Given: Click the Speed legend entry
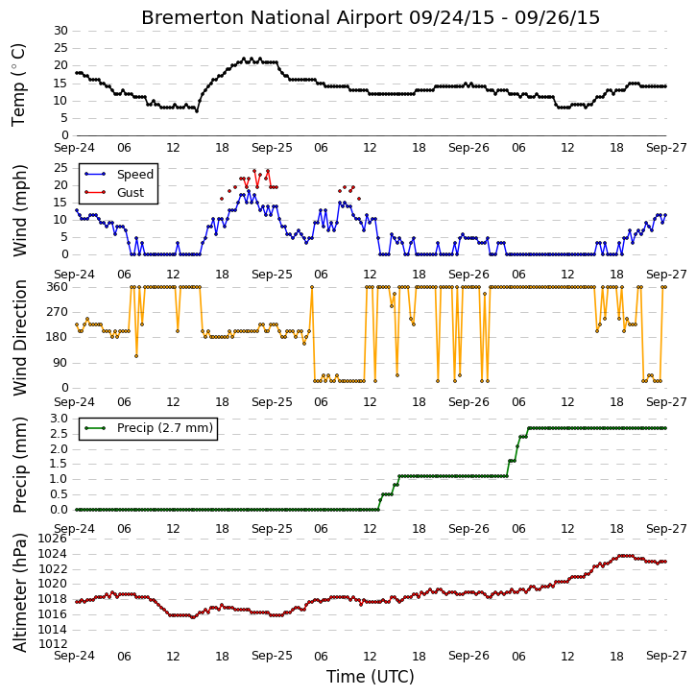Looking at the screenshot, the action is click(119, 175).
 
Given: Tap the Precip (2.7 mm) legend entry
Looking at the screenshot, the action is click(148, 428).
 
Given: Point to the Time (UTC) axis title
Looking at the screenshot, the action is click(371, 677).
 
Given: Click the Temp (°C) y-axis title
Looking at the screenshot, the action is click(18, 84).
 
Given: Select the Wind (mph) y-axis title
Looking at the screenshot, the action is click(20, 211).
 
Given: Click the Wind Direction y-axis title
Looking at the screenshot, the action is click(20, 338).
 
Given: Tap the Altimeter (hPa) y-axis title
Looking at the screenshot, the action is click(20, 593).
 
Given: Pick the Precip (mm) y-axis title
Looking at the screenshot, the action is click(20, 466).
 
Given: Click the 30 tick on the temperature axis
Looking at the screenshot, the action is click(61, 31).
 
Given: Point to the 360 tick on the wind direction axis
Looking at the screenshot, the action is click(58, 287).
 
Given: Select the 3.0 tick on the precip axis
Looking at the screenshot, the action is click(59, 419).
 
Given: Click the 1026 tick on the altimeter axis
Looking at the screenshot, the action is click(53, 539).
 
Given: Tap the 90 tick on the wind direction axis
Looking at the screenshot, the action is click(61, 363).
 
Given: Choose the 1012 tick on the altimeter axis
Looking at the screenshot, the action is click(53, 644).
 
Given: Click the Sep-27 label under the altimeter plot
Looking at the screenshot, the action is click(666, 656).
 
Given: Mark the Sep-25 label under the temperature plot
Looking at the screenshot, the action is click(272, 148).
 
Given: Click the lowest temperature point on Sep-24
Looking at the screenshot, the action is click(197, 111).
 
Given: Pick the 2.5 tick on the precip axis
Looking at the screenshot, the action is click(59, 434).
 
